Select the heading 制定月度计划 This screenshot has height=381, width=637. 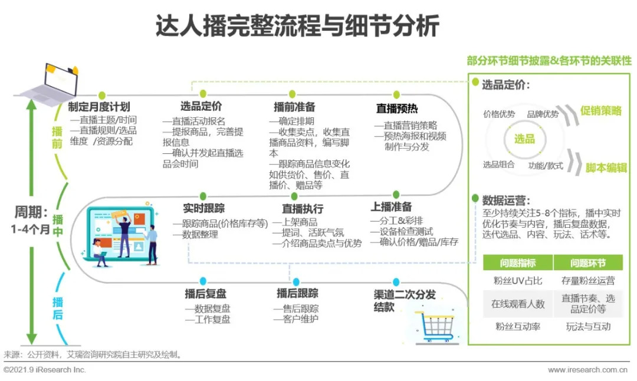click(x=99, y=107)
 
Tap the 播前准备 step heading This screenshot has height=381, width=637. click(x=294, y=107)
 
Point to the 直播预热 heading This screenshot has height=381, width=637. click(x=397, y=109)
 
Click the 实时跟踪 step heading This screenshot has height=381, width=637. click(x=203, y=208)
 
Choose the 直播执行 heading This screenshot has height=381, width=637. click(x=303, y=209)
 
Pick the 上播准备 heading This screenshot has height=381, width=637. click(x=391, y=206)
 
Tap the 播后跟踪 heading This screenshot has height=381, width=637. click(x=297, y=293)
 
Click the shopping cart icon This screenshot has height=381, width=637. click(x=437, y=327)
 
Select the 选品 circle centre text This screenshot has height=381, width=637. click(x=524, y=139)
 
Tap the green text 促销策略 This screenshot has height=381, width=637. click(x=601, y=110)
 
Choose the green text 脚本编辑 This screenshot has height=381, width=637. click(x=606, y=167)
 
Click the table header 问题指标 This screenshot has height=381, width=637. click(x=517, y=263)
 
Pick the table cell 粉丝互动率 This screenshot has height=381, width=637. click(x=517, y=326)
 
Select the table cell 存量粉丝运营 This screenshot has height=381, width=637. click(x=587, y=281)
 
